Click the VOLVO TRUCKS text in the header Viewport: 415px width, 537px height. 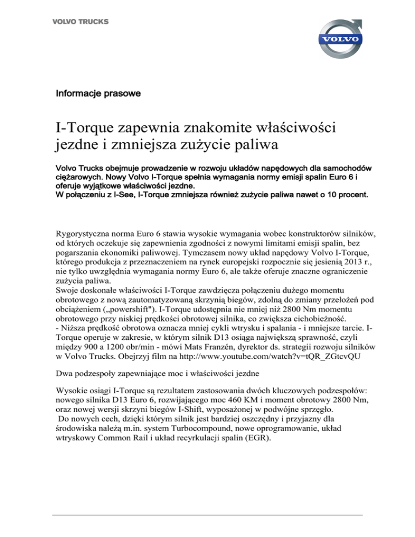click(x=80, y=22)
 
